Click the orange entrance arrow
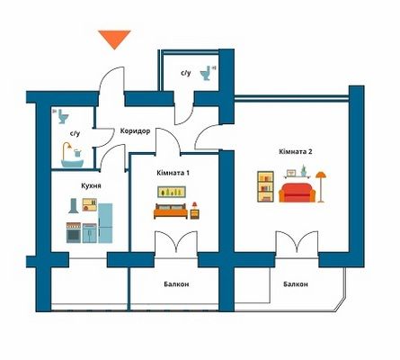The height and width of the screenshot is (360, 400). [114, 40]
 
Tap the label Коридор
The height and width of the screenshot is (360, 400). [135, 131]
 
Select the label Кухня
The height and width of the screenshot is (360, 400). [91, 185]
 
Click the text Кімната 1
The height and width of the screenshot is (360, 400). [173, 173]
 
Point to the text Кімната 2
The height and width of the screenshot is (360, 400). [296, 151]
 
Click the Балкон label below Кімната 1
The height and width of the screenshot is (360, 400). [176, 284]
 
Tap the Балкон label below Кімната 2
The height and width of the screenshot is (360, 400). [296, 284]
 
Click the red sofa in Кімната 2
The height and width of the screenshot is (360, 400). [297, 193]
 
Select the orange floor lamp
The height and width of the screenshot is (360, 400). [321, 186]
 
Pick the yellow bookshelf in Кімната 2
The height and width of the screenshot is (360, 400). [265, 186]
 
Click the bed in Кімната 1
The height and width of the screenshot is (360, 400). [171, 211]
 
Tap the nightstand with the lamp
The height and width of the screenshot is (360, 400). [195, 211]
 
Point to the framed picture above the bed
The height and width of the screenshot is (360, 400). [172, 192]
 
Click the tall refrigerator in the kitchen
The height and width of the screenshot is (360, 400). [105, 223]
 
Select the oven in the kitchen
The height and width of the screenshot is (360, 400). [74, 232]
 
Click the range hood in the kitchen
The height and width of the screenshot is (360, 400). [74, 206]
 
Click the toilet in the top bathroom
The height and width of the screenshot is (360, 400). [206, 73]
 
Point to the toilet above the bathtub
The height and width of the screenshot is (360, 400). [63, 116]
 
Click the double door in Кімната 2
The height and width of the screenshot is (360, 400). [297, 242]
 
